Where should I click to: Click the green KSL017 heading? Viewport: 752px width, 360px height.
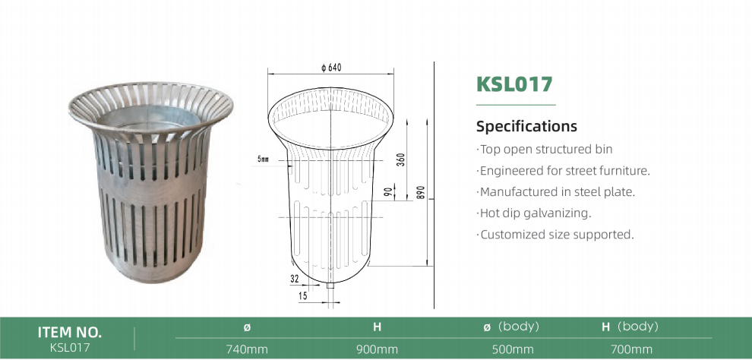click(514, 84)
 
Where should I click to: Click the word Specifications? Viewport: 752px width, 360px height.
click(526, 126)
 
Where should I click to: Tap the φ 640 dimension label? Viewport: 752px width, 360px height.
click(331, 68)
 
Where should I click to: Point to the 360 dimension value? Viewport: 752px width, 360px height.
click(401, 159)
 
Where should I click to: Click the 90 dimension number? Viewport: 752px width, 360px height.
click(390, 191)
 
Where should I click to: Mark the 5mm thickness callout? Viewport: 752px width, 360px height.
click(263, 159)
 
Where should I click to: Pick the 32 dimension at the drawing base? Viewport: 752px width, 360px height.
click(295, 278)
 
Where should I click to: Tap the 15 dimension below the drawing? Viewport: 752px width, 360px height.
click(302, 296)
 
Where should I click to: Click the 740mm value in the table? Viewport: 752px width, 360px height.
click(247, 349)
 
